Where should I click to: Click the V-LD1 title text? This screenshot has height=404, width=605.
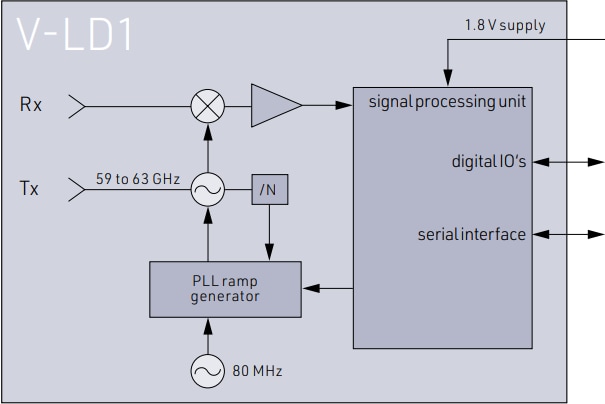76,37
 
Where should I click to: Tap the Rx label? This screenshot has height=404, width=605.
31,102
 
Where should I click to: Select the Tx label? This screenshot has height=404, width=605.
30,187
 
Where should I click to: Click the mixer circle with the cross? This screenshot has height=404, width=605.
208,102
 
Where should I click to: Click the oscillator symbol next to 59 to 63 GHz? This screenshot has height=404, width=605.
208,187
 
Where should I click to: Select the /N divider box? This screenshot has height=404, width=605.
268,187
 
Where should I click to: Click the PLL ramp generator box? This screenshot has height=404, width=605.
224,288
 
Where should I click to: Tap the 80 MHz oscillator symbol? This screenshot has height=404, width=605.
208,371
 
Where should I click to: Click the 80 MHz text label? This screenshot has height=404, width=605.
258,372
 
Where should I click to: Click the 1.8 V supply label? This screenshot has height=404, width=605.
505,25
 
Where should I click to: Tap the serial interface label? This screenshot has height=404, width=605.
471,234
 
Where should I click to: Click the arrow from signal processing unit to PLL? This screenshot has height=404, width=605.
327,288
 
